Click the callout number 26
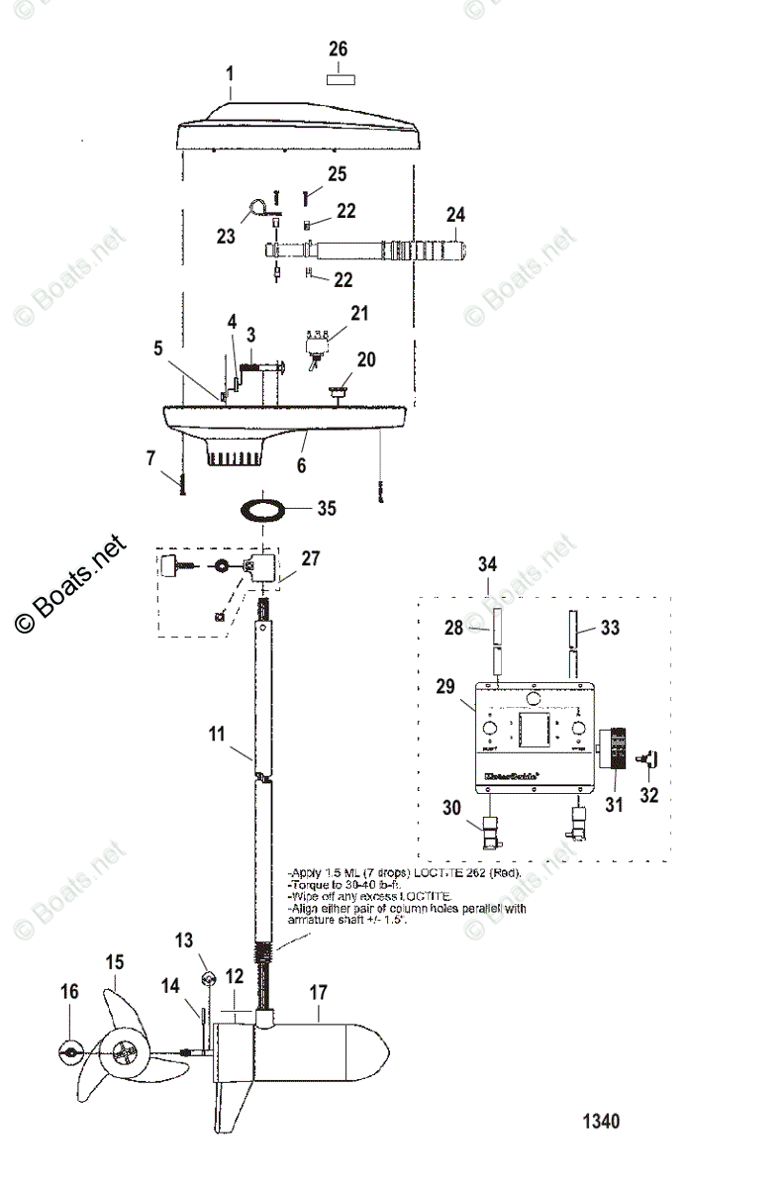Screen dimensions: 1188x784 (x=339, y=49)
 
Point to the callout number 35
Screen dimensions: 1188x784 (x=327, y=509)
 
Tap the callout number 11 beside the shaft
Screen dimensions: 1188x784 (x=217, y=735)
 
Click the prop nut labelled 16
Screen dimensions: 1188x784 (x=70, y=1051)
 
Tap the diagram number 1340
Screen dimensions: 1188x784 (x=601, y=1122)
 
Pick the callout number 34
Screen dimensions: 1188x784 (x=487, y=565)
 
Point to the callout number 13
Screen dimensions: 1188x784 (x=185, y=939)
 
